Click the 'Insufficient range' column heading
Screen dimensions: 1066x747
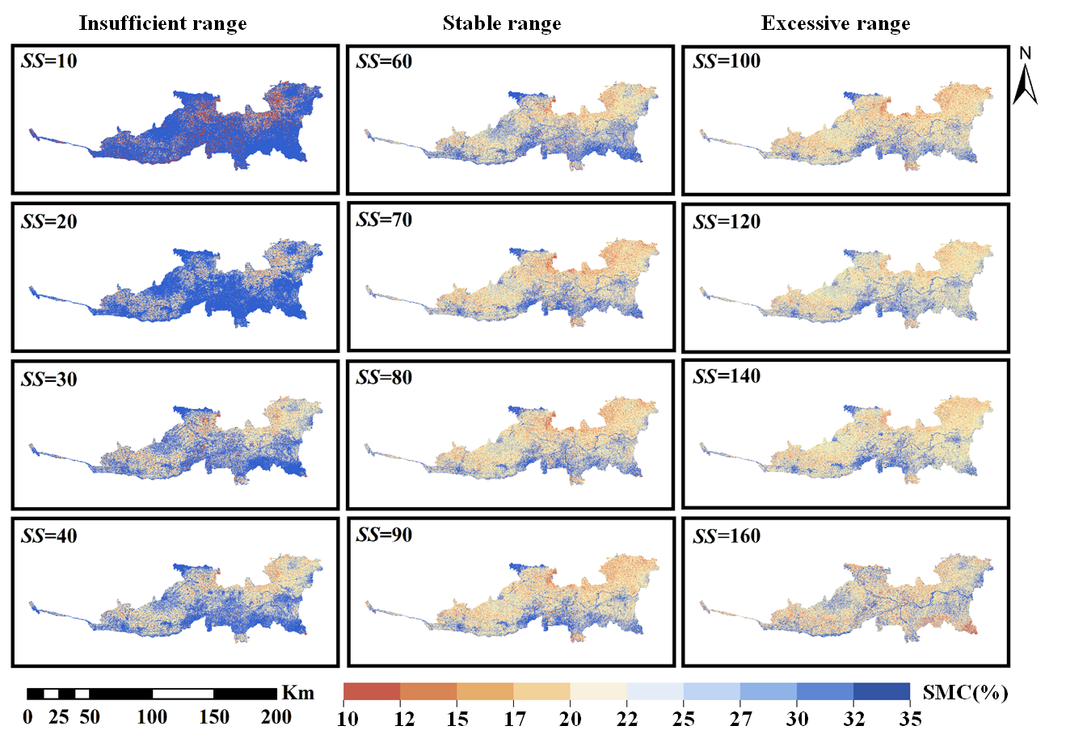pos(162,23)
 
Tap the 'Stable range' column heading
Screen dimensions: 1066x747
pos(502,23)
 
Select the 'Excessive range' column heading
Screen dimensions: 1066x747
pos(836,23)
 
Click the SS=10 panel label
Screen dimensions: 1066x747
pos(48,61)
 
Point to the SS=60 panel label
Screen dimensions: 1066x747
pos(384,61)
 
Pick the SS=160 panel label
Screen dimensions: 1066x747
pos(727,536)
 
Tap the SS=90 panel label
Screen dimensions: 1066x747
pos(384,535)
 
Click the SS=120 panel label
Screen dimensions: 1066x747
pos(727,221)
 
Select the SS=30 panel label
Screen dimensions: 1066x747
pos(48,380)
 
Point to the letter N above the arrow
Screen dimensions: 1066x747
pos(1026,53)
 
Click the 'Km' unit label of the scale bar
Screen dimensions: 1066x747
pos(298,693)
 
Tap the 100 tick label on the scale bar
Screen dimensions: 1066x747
pos(152,717)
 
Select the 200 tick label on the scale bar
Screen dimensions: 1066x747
pos(276,717)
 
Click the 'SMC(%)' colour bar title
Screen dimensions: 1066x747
pos(965,693)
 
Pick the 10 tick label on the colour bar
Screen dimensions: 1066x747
pos(348,719)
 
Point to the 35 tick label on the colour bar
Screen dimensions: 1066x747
pos(910,719)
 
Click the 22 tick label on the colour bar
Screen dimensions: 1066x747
pos(627,719)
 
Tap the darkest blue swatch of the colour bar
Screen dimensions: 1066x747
pos(882,691)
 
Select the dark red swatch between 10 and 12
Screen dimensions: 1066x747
pos(372,691)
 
